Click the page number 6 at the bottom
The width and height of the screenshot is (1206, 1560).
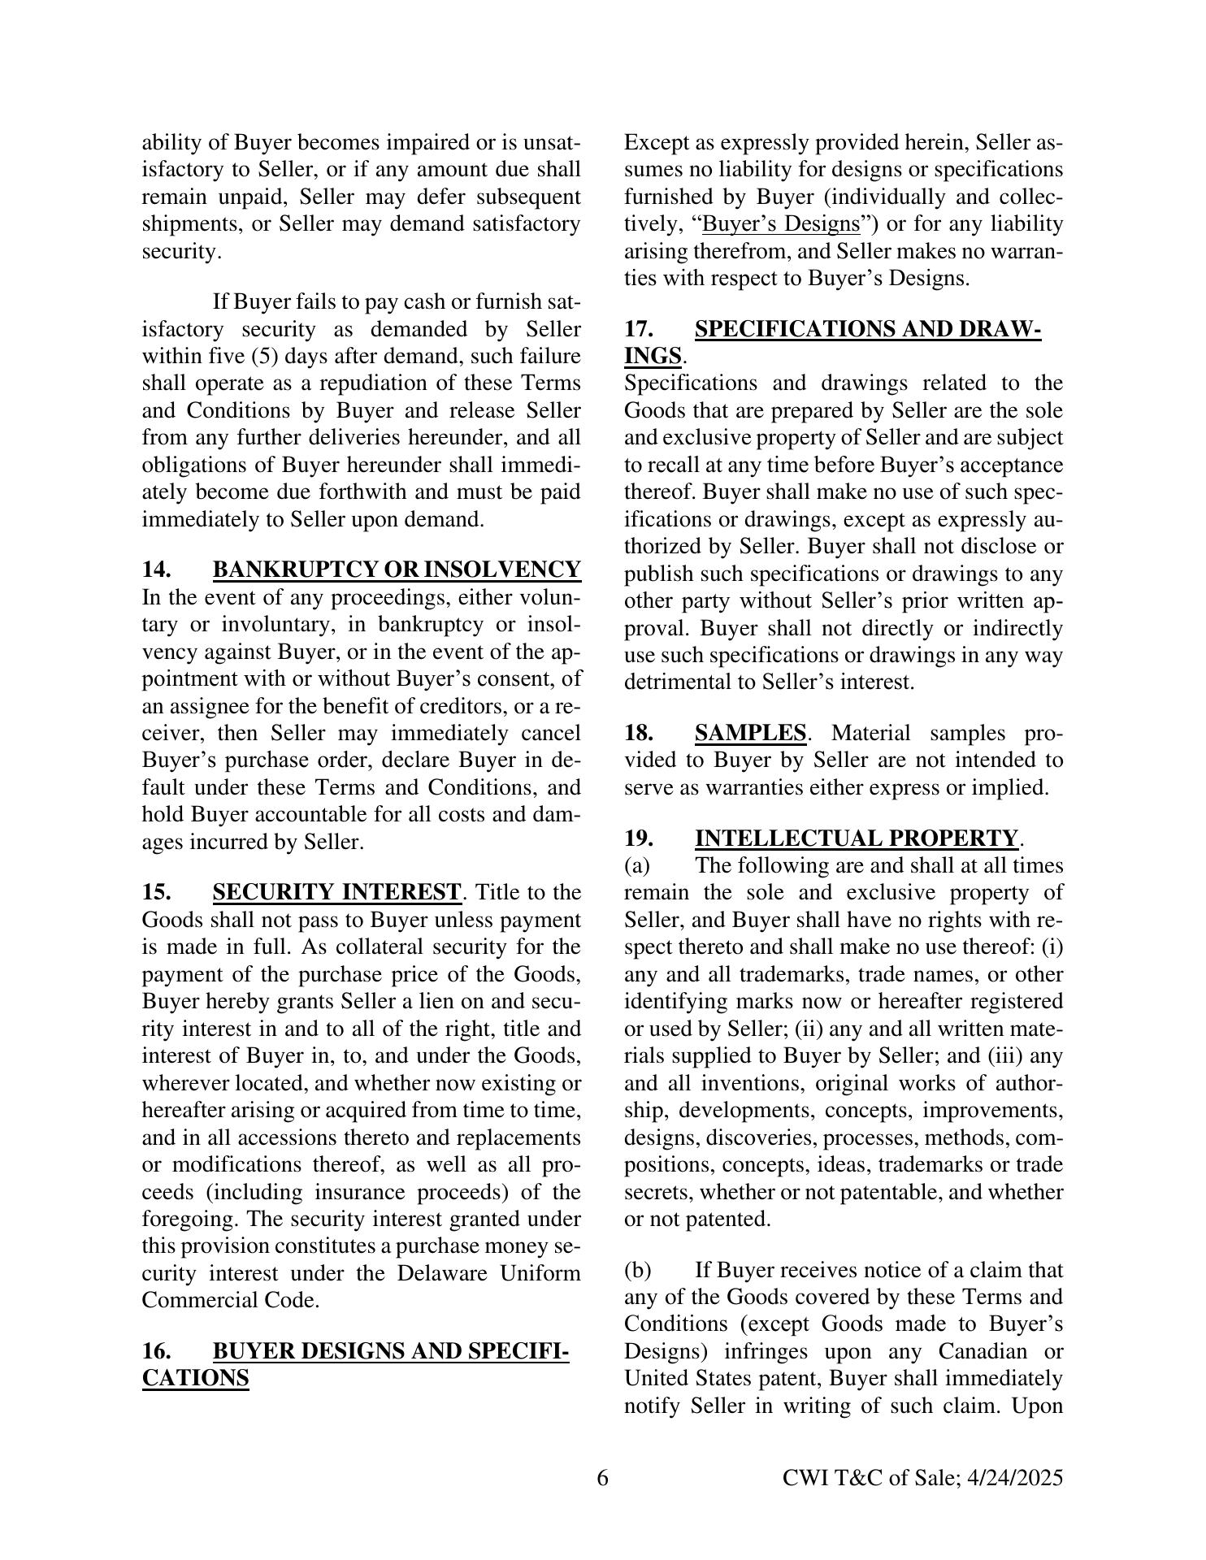pyautogui.click(x=602, y=1478)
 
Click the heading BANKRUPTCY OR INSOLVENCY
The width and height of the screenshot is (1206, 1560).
pyautogui.click(x=397, y=570)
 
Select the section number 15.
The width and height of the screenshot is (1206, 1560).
pyautogui.click(x=156, y=892)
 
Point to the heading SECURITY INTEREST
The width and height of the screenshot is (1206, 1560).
pyautogui.click(x=336, y=892)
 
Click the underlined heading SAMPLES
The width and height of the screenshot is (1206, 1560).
pyautogui.click(x=750, y=733)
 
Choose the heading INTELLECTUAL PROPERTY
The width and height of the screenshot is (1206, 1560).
pyautogui.click(x=856, y=838)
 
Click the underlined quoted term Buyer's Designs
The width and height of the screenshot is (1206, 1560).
pyautogui.click(x=781, y=223)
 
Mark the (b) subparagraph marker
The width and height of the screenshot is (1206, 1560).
pyautogui.click(x=638, y=1270)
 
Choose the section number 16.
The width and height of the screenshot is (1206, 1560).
pyautogui.click(x=156, y=1351)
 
